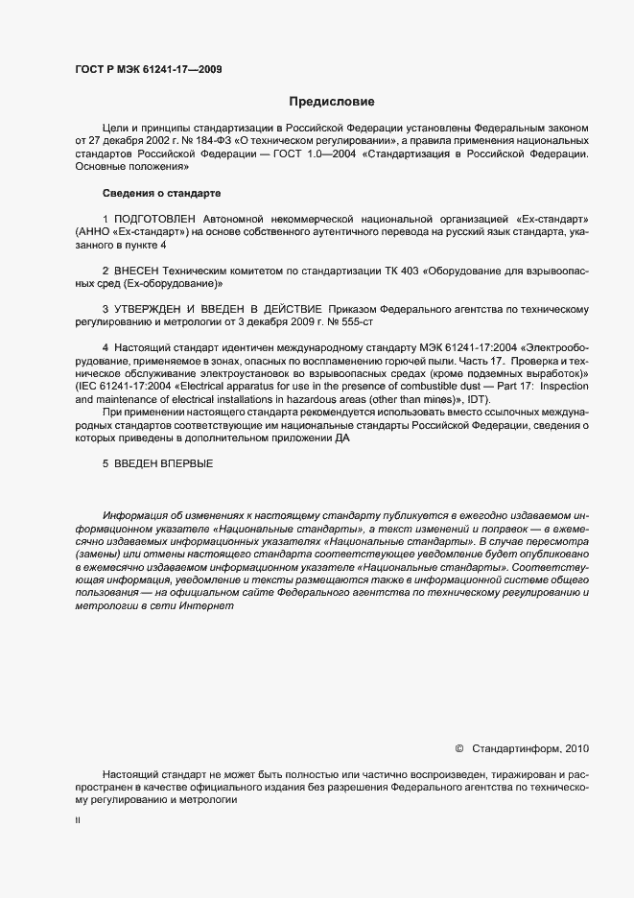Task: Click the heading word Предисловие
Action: [x=332, y=102]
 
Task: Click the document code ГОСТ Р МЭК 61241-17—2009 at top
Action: [x=149, y=69]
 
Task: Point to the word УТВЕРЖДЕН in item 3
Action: [x=152, y=310]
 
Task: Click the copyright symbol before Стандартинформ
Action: [x=458, y=748]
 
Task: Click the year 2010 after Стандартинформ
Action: [x=579, y=748]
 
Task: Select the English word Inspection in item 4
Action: [x=567, y=385]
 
